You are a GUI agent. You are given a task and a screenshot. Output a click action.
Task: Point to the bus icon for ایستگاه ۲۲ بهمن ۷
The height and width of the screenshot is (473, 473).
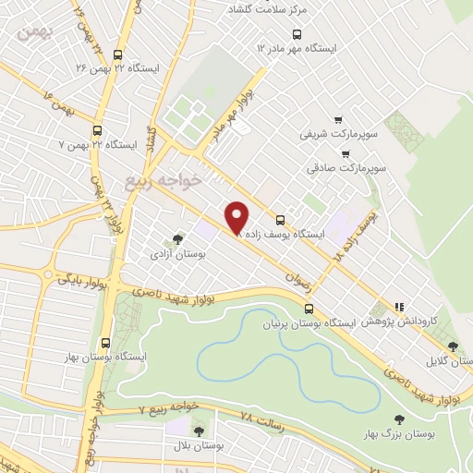(x=98, y=130)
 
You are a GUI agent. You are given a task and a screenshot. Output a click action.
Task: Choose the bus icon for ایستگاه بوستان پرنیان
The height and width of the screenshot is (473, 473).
(x=309, y=309)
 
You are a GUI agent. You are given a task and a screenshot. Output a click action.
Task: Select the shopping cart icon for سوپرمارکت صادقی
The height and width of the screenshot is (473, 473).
(x=345, y=154)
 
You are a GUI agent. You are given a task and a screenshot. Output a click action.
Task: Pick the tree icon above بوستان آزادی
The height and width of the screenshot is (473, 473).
(x=178, y=238)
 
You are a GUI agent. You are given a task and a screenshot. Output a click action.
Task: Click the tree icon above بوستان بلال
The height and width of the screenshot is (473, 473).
(x=198, y=431)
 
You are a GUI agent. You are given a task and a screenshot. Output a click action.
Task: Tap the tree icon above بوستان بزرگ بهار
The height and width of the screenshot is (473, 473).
(x=399, y=418)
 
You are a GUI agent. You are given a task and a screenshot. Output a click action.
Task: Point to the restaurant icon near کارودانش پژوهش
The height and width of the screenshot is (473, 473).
(x=399, y=307)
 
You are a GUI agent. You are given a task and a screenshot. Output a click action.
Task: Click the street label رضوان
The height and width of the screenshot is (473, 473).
(x=297, y=275)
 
